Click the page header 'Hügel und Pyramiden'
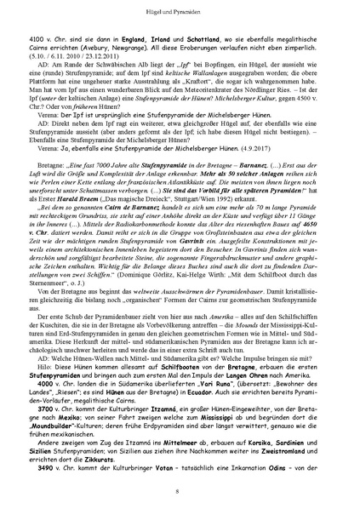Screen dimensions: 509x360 180,16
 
